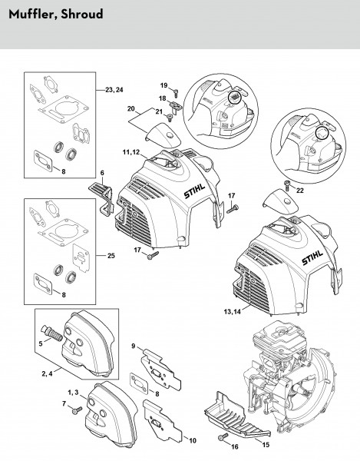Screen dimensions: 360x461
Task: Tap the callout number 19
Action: [163, 85]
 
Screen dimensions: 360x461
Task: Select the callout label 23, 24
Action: [114, 90]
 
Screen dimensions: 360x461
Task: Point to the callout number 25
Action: [111, 256]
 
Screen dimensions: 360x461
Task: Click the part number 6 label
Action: [102, 173]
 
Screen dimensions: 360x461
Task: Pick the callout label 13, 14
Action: [232, 312]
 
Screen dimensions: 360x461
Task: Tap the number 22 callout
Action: [300, 191]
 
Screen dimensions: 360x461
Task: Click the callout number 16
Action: [235, 447]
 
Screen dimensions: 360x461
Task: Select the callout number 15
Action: [266, 445]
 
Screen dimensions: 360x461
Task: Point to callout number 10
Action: [193, 441]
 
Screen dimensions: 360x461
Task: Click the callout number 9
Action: [134, 347]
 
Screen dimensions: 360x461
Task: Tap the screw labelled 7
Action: [78, 410]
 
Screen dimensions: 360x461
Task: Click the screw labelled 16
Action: [223, 436]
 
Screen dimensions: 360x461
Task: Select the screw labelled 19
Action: [176, 94]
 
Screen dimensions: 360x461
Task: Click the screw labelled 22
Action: [287, 185]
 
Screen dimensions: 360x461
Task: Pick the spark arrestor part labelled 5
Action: [52, 334]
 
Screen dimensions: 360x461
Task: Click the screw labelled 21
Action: [170, 118]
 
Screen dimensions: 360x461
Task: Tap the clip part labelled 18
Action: [176, 107]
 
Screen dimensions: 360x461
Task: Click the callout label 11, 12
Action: [131, 152]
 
